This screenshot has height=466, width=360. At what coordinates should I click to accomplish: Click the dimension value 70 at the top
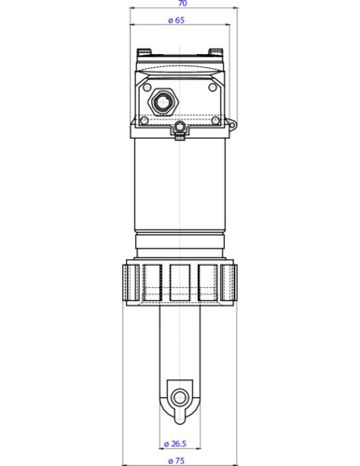click(x=180, y=5)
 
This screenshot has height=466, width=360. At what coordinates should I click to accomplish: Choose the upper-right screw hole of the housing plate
click(x=214, y=86)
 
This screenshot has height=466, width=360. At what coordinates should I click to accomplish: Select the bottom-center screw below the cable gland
click(x=180, y=136)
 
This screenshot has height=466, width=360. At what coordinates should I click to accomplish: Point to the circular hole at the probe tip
click(x=178, y=397)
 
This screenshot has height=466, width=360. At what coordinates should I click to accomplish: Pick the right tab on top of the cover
click(x=217, y=50)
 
